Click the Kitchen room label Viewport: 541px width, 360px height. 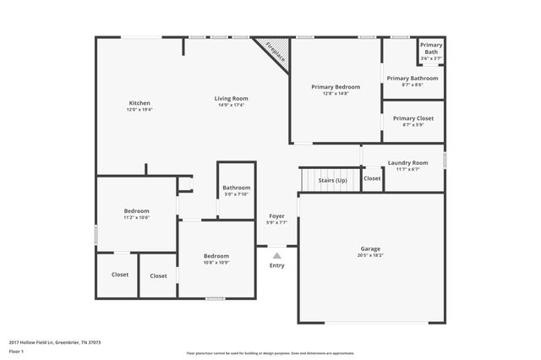tap(139, 103)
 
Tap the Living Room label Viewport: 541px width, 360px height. tap(231, 98)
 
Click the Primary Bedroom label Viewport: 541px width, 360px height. tap(336, 87)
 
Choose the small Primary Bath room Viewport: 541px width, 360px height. tap(431, 51)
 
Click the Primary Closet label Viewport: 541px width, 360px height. tap(413, 118)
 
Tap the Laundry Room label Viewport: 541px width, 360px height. tap(407, 162)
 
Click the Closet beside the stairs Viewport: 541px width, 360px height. tap(372, 178)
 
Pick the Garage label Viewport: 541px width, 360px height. tap(370, 248)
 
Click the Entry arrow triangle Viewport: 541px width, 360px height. tap(276, 254)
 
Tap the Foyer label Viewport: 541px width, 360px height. tap(276, 216)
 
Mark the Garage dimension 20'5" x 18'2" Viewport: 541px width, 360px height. tap(370, 255)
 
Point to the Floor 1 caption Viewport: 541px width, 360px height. tap(16, 351)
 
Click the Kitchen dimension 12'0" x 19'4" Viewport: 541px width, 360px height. tap(139, 110)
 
